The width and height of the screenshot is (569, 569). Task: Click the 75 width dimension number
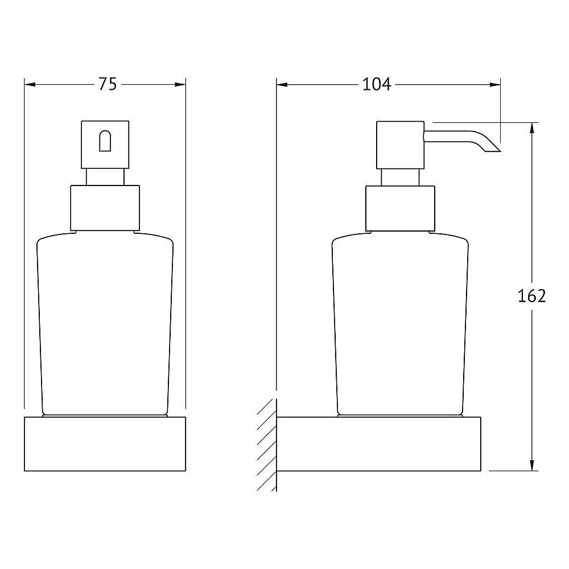tap(108, 85)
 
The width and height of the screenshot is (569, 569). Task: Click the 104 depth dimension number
tap(377, 85)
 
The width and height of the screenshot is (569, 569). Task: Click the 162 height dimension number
tap(531, 296)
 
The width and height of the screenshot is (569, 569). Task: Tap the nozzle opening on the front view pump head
tap(105, 141)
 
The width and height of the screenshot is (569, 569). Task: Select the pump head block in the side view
tap(400, 145)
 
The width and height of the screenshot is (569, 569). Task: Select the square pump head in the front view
tap(105, 145)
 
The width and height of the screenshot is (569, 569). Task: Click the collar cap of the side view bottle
tap(400, 209)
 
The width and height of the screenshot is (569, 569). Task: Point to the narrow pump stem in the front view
tap(105, 178)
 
